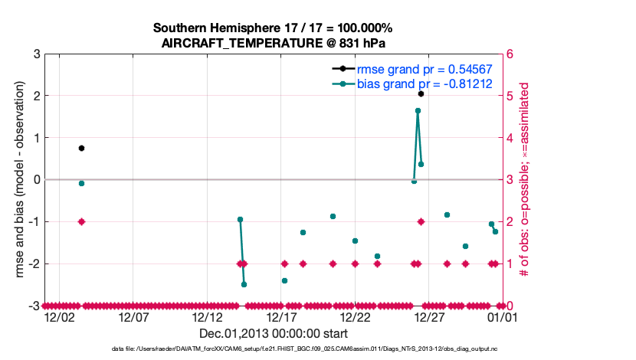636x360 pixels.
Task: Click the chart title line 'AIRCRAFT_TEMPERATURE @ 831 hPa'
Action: (x=274, y=43)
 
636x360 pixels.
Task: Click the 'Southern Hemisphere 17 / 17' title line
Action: (x=274, y=28)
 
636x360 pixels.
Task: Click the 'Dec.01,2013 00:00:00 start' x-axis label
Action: (x=274, y=333)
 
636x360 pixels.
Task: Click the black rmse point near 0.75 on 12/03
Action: (x=81, y=148)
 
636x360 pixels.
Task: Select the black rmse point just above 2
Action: (x=421, y=93)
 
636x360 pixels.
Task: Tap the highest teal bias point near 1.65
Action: (x=418, y=110)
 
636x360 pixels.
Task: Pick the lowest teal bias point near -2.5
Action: (x=244, y=284)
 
